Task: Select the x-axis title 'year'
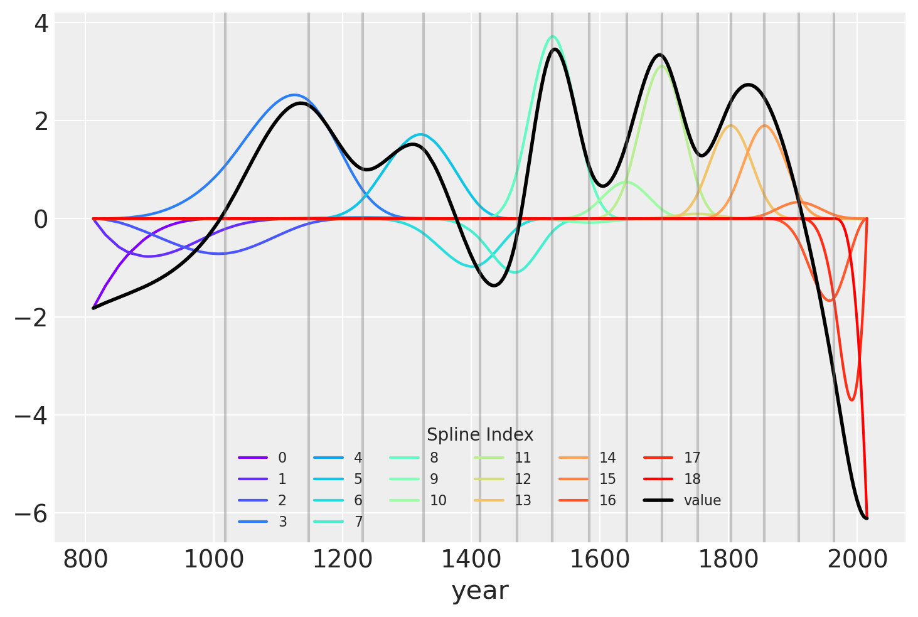[480, 591]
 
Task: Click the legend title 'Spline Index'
[480, 434]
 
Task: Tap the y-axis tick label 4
[41, 23]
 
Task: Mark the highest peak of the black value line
[555, 49]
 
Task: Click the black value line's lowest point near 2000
[867, 518]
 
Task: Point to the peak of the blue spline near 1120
[705, 95]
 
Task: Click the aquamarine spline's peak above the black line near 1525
[552, 36]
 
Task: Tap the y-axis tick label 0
[41, 219]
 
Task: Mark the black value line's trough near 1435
[494, 286]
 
